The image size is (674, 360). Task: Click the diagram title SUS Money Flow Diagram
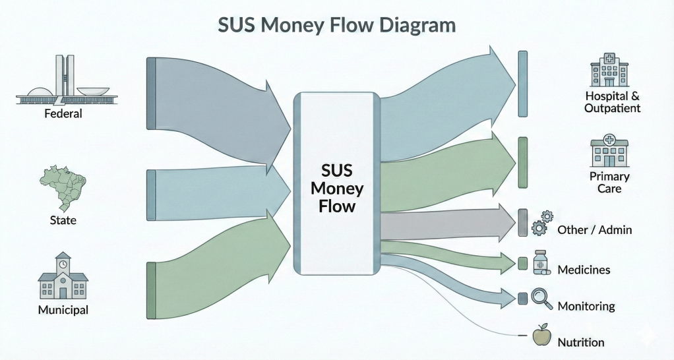click(336, 26)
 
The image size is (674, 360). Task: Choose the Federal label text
click(63, 113)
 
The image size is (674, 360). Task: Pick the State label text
click(63, 220)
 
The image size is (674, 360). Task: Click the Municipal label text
click(63, 309)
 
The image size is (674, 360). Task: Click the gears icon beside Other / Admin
click(542, 223)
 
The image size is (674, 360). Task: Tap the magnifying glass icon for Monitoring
click(542, 298)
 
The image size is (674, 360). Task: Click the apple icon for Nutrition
click(541, 336)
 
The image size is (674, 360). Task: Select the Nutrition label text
click(580, 342)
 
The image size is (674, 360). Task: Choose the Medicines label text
click(584, 270)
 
